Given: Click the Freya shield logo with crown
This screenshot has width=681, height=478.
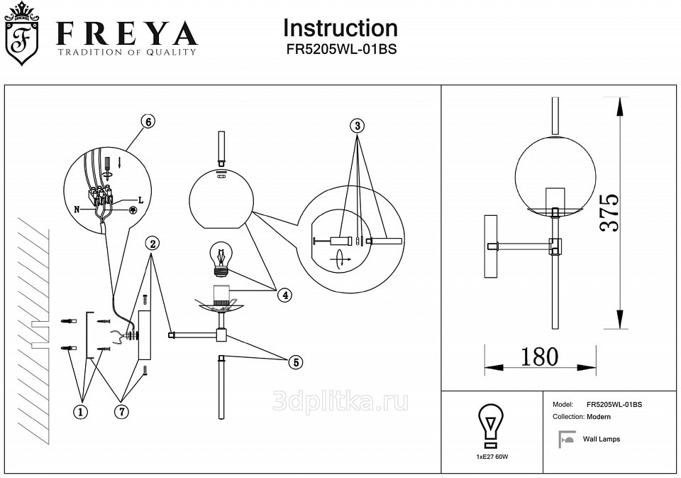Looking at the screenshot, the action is [21, 33].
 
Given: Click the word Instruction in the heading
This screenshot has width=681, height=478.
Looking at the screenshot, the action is [340, 28].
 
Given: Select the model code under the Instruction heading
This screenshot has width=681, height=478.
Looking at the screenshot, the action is [341, 49].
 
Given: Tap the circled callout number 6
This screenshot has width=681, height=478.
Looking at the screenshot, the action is [148, 121].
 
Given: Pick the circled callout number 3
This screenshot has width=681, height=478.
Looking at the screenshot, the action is [357, 126].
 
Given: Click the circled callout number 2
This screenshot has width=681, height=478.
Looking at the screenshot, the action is [153, 244].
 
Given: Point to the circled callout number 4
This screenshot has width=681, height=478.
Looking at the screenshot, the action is [285, 295].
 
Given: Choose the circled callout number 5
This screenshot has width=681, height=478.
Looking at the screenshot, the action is [297, 362].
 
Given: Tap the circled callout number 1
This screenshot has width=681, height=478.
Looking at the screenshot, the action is [80, 411].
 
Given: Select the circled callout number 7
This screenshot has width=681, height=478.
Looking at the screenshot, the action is [122, 411].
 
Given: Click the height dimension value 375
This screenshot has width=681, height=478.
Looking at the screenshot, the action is [609, 212].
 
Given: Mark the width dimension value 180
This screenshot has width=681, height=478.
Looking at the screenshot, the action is [539, 357].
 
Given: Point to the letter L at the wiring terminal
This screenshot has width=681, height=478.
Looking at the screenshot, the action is [140, 200].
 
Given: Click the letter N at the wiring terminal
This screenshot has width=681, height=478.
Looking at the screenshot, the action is [77, 210].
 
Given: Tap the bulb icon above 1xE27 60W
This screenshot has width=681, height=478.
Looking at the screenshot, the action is [491, 426].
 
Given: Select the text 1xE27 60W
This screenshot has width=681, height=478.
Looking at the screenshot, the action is [492, 457].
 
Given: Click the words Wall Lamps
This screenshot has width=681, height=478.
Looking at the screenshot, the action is [602, 439].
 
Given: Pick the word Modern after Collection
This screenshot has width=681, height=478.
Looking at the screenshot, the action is [599, 417].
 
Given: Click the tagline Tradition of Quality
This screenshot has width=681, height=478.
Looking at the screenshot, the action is [127, 52].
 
